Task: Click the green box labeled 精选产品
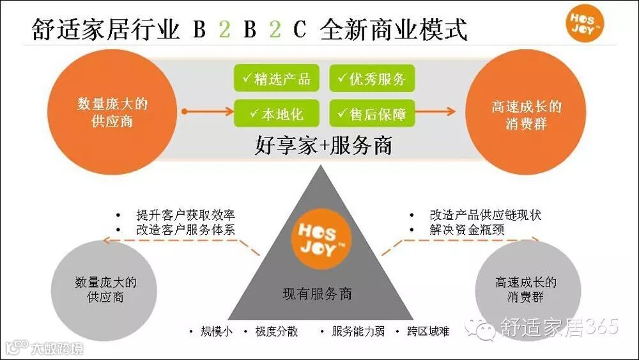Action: [276, 79]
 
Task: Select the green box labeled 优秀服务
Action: [372, 79]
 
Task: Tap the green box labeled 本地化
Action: [276, 114]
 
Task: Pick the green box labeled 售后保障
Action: [372, 114]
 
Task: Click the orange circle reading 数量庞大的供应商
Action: [112, 112]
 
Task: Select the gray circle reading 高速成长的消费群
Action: [525, 290]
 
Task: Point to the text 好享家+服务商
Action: [323, 146]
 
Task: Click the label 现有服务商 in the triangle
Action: [318, 294]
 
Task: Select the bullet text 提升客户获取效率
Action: [185, 215]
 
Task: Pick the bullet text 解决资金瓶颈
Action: [466, 230]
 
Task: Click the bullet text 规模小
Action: [216, 331]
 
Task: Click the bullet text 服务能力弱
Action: [358, 331]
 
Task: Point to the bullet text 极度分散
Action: [276, 331]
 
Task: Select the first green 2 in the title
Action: [224, 29]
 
